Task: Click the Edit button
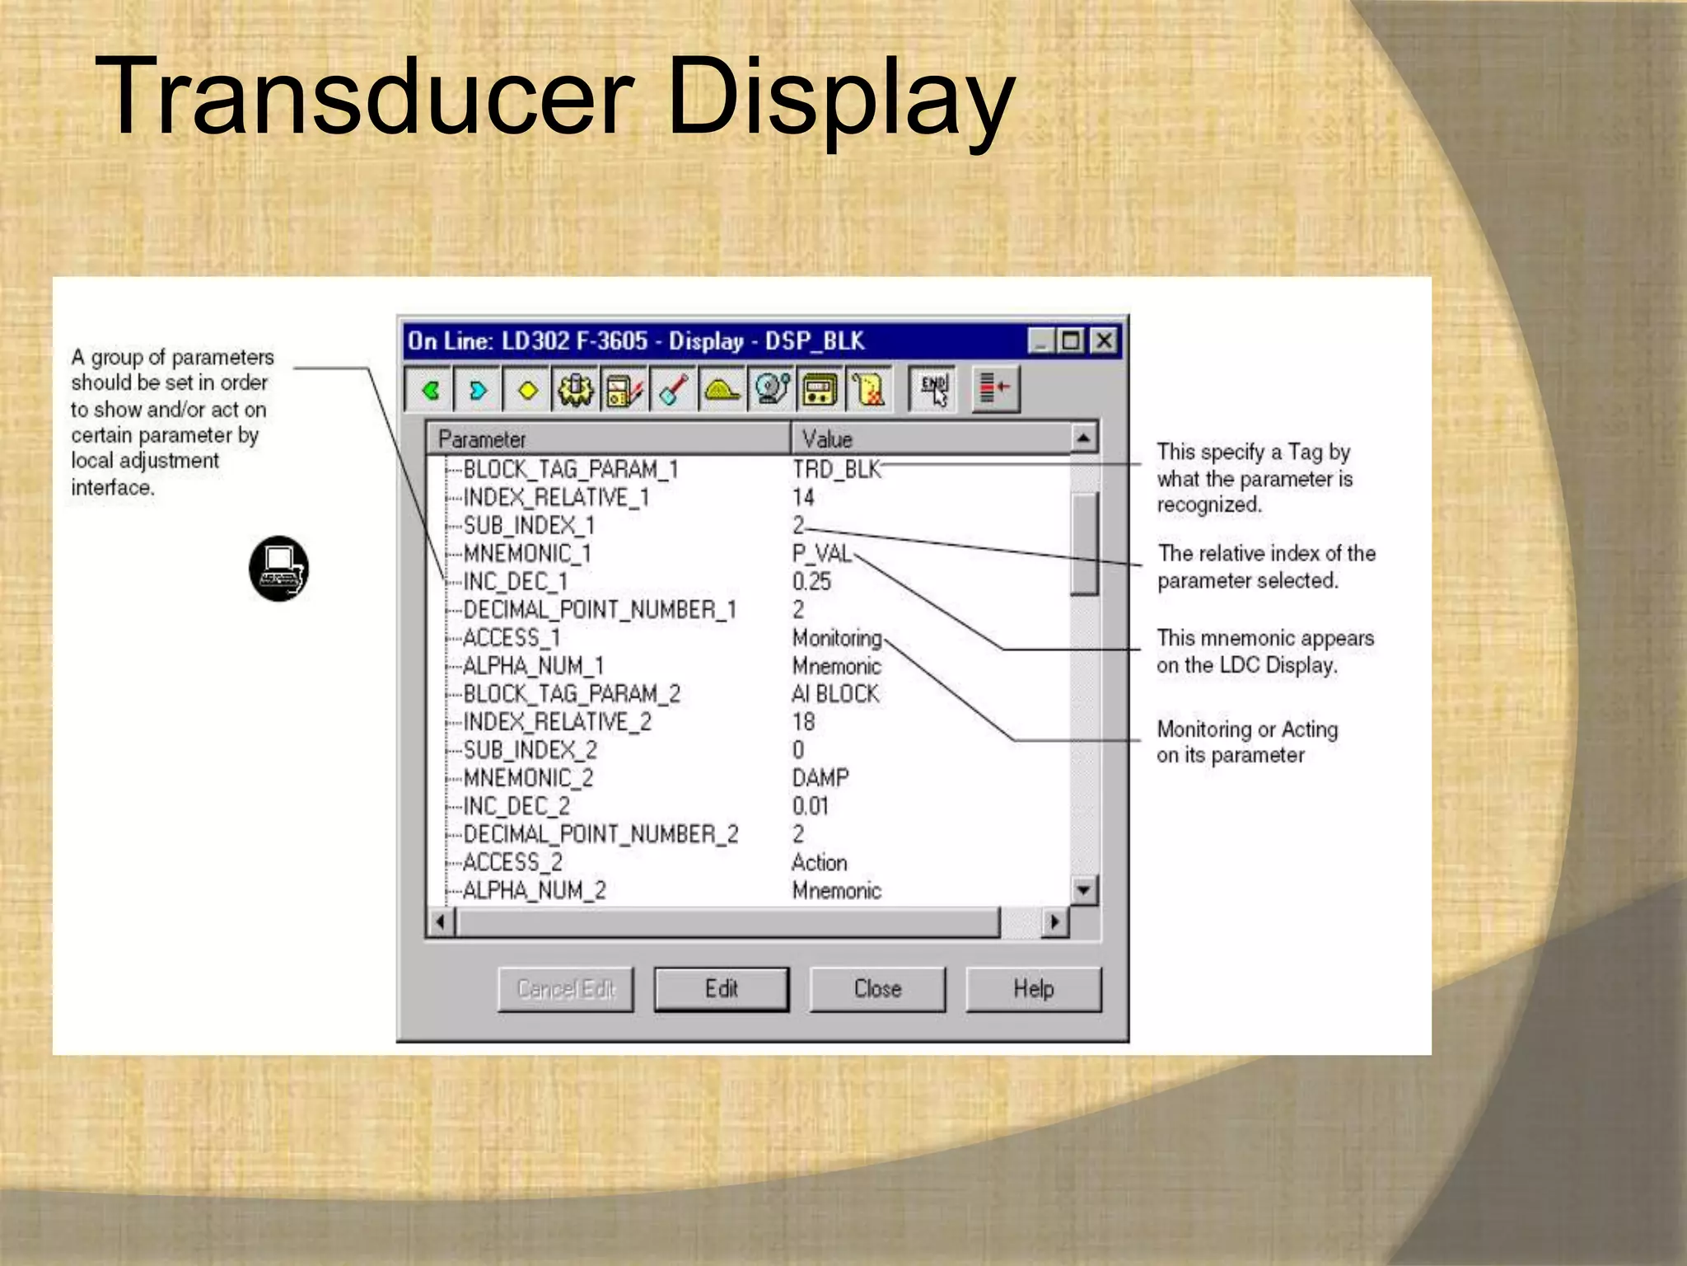(721, 989)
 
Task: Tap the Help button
(1033, 989)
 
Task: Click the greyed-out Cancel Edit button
(566, 989)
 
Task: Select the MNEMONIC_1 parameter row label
(527, 554)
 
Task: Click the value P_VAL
(821, 554)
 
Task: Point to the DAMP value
(820, 778)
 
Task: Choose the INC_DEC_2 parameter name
(516, 806)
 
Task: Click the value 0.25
(811, 582)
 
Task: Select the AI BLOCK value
(835, 694)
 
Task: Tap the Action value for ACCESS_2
(820, 863)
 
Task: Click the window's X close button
(1104, 340)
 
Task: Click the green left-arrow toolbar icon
(430, 389)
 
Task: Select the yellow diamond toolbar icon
(527, 389)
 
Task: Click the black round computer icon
(279, 569)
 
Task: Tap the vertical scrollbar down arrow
(1084, 890)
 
